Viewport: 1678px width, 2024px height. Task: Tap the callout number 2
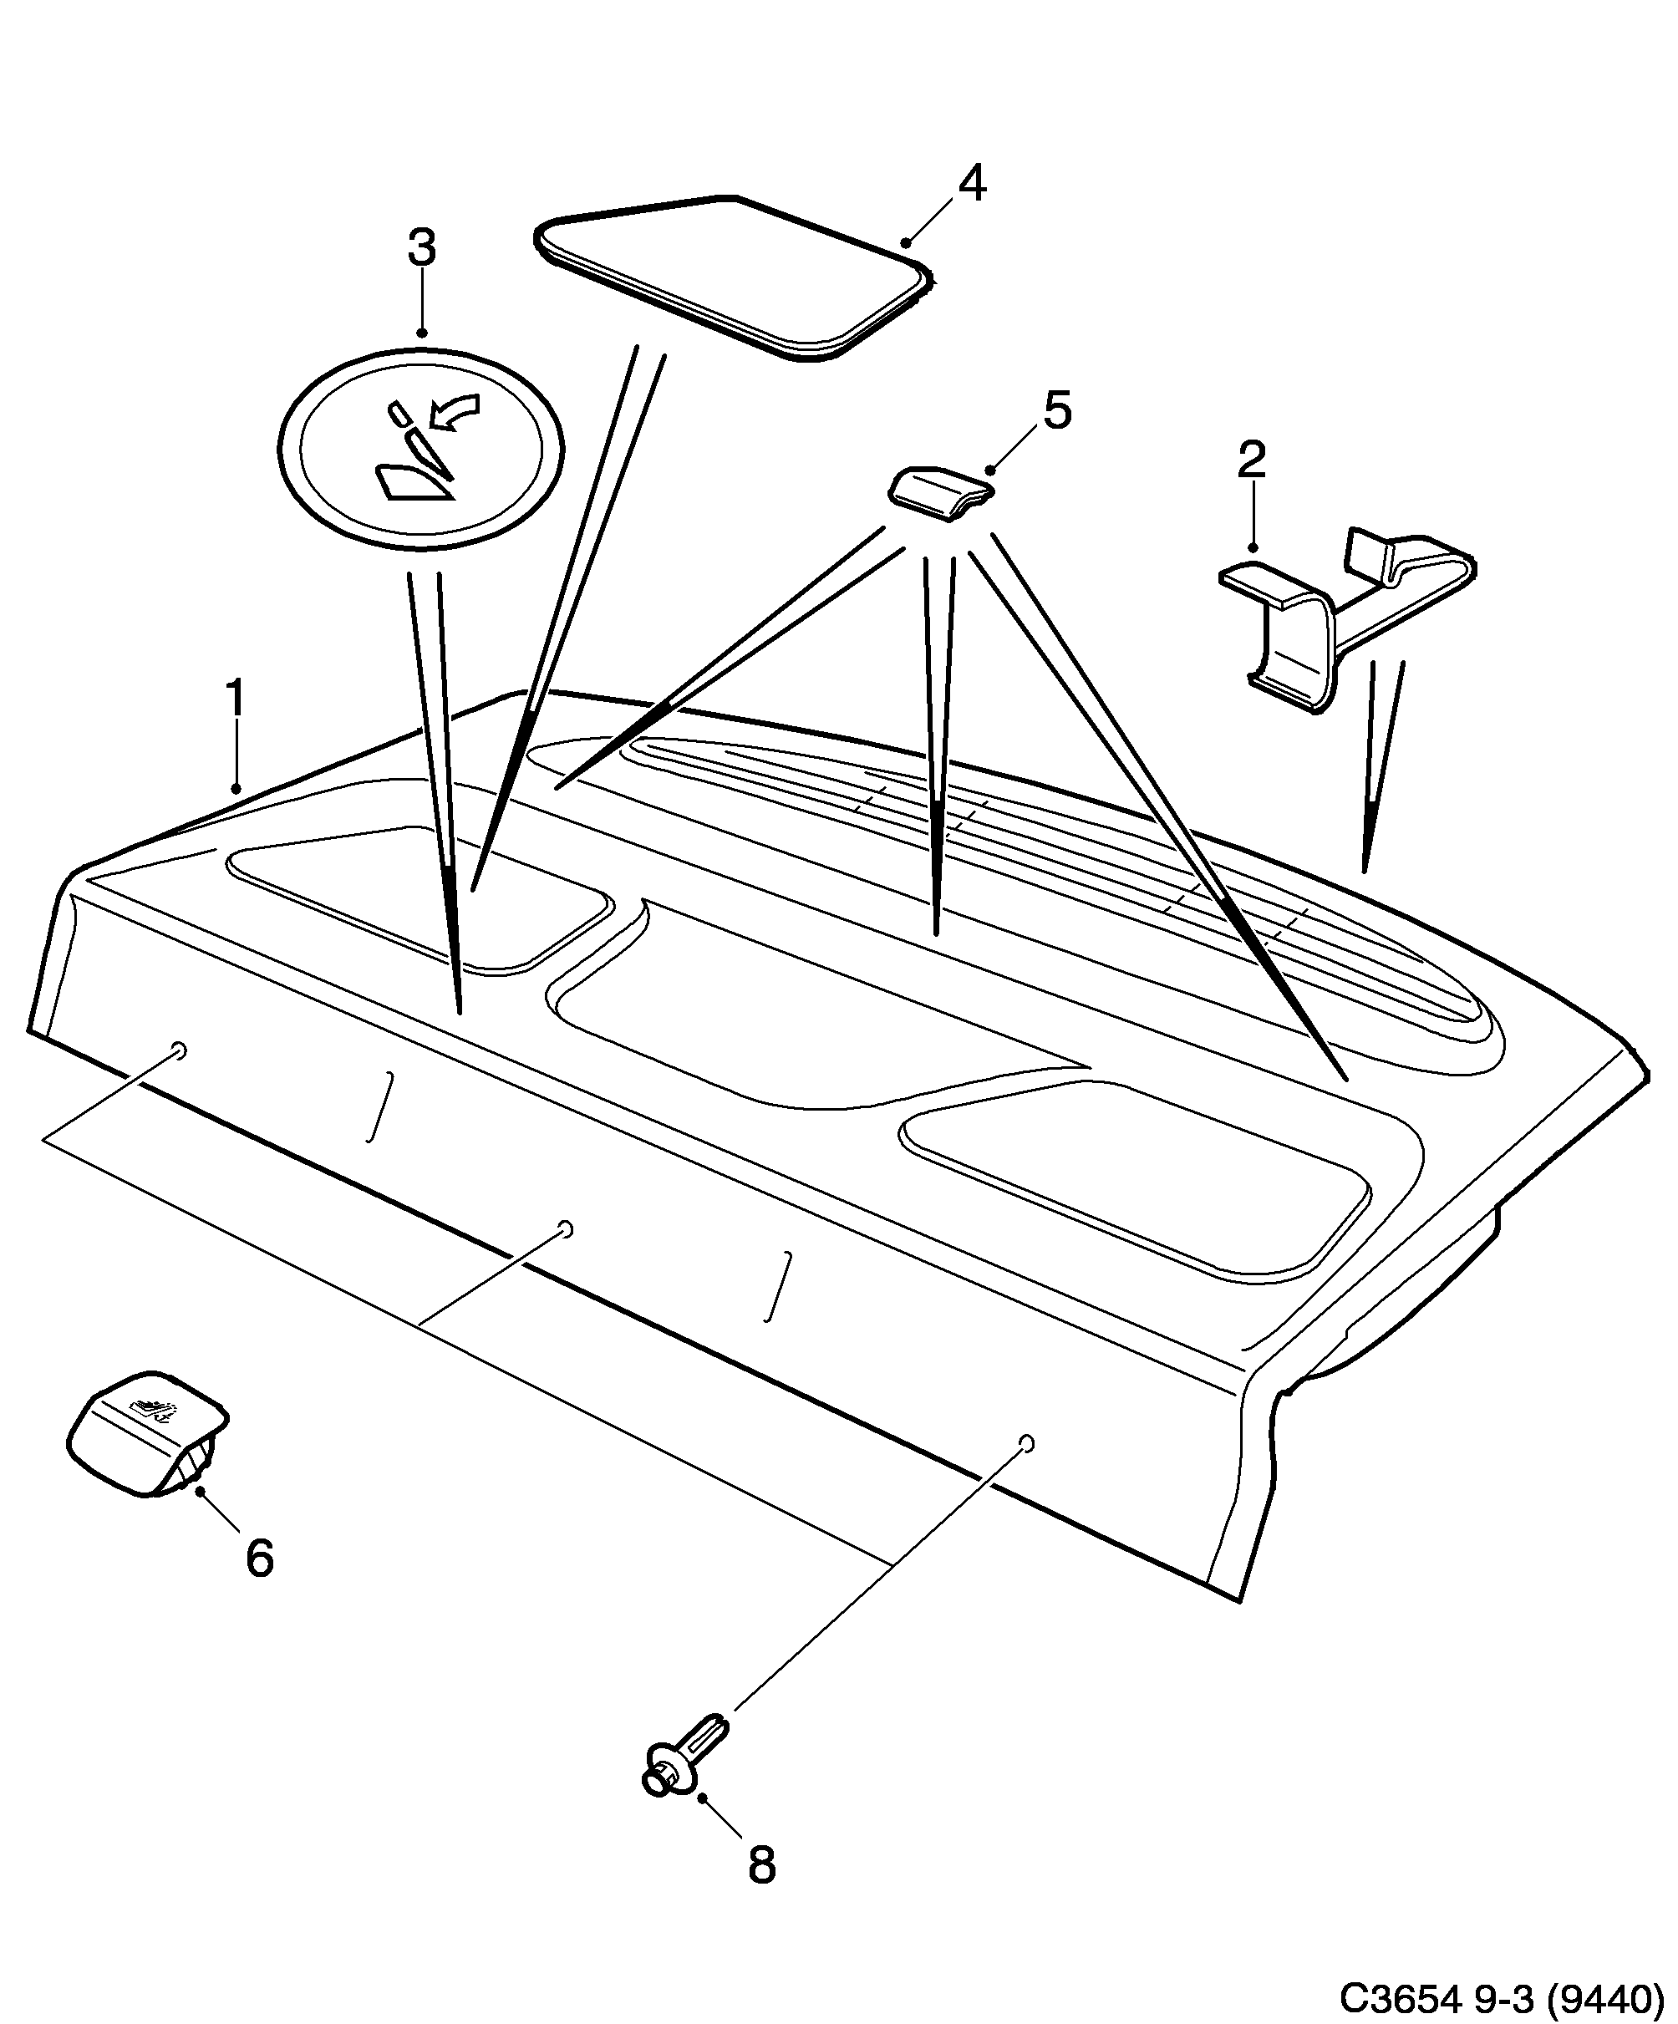pos(1251,460)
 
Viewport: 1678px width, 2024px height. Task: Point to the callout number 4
pos(972,183)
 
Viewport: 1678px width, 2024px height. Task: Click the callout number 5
pos(1057,411)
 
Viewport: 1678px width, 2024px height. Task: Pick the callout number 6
pos(259,1559)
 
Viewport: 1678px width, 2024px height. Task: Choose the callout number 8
pos(761,1866)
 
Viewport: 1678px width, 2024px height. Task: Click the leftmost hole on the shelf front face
pos(178,1049)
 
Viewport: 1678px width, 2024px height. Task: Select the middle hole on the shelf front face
pos(567,1228)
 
